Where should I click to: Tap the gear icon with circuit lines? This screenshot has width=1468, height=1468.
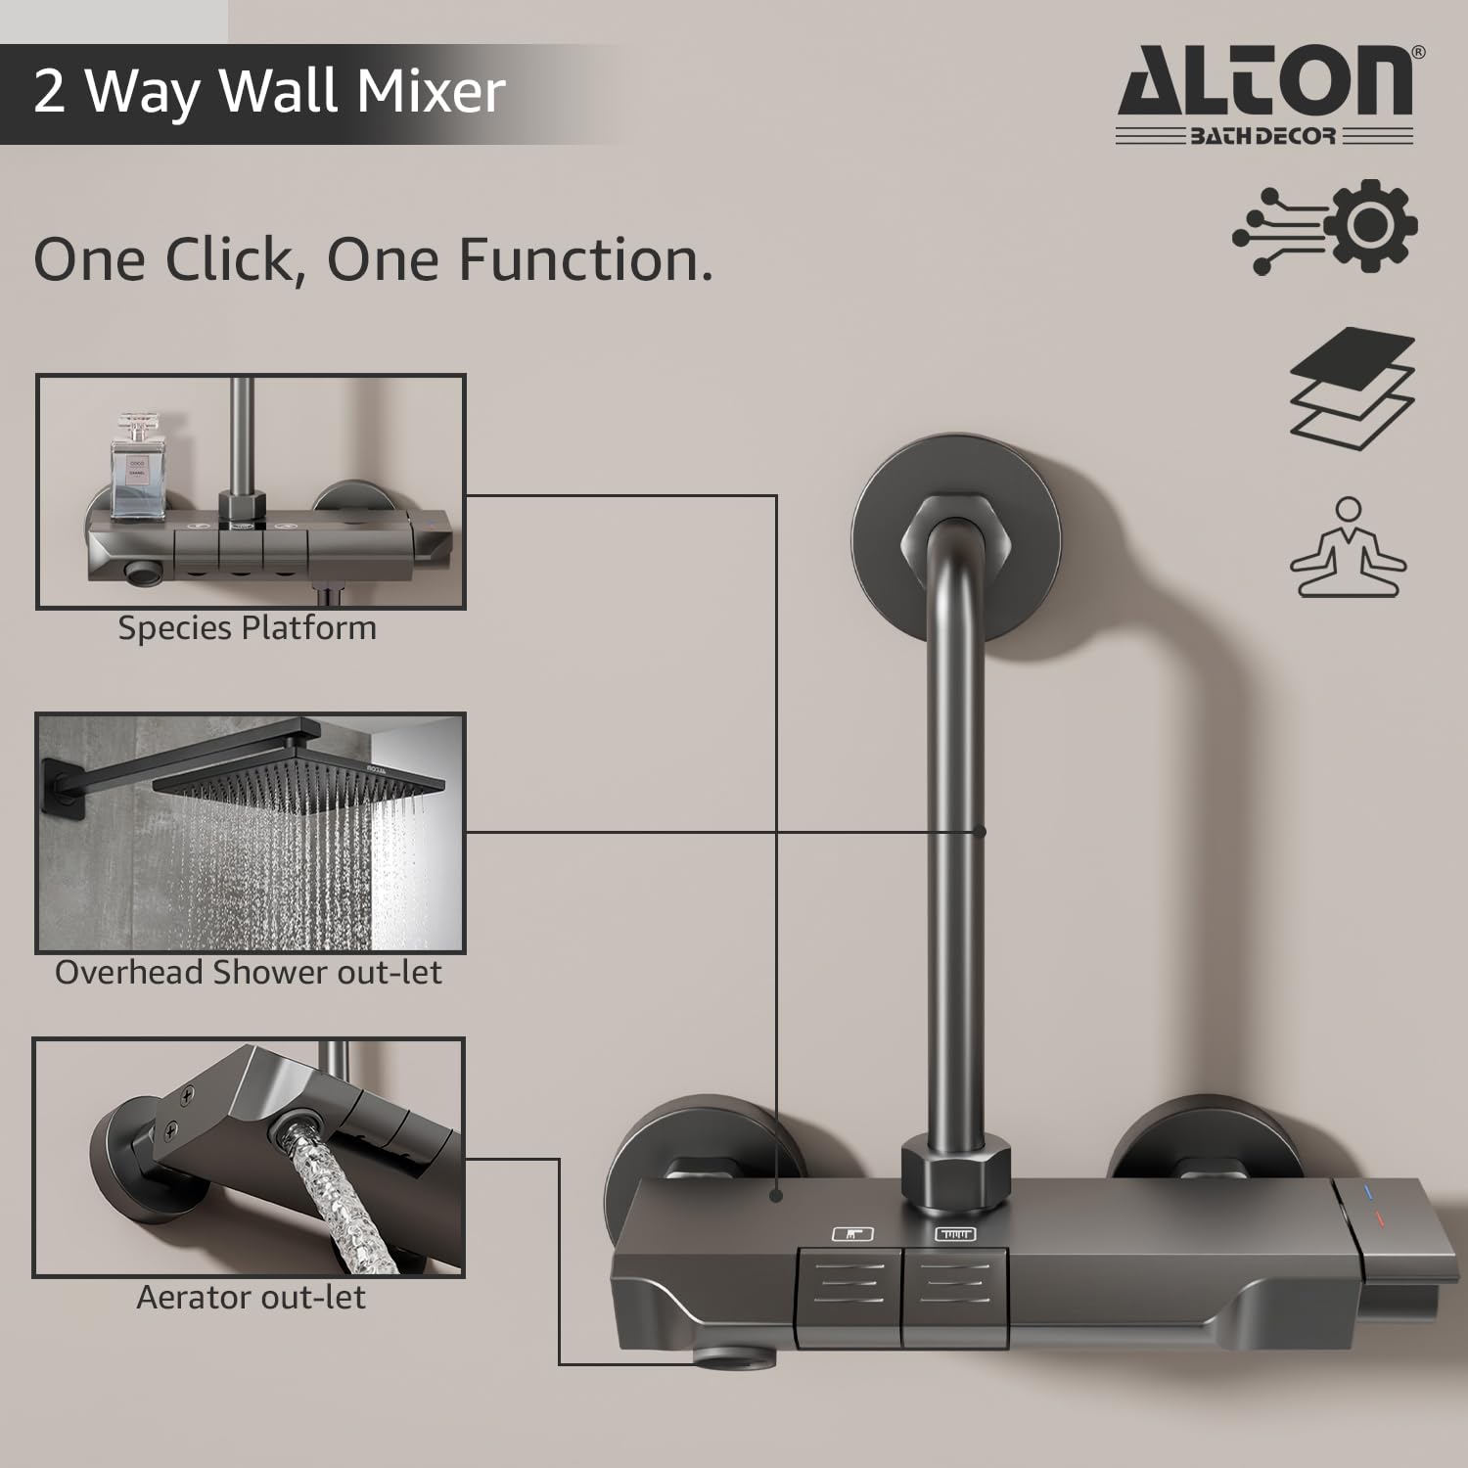click(x=1324, y=226)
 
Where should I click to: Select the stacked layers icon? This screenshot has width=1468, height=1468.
click(x=1353, y=388)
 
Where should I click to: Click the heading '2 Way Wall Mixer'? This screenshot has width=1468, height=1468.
click(x=269, y=91)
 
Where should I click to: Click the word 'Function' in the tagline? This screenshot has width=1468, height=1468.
click(x=585, y=259)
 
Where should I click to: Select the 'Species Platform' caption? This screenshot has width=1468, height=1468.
click(x=247, y=627)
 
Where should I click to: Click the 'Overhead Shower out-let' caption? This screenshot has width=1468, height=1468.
click(x=249, y=972)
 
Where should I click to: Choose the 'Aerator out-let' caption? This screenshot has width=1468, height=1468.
click(x=251, y=1297)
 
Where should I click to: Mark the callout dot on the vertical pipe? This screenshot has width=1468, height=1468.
click(x=980, y=831)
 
